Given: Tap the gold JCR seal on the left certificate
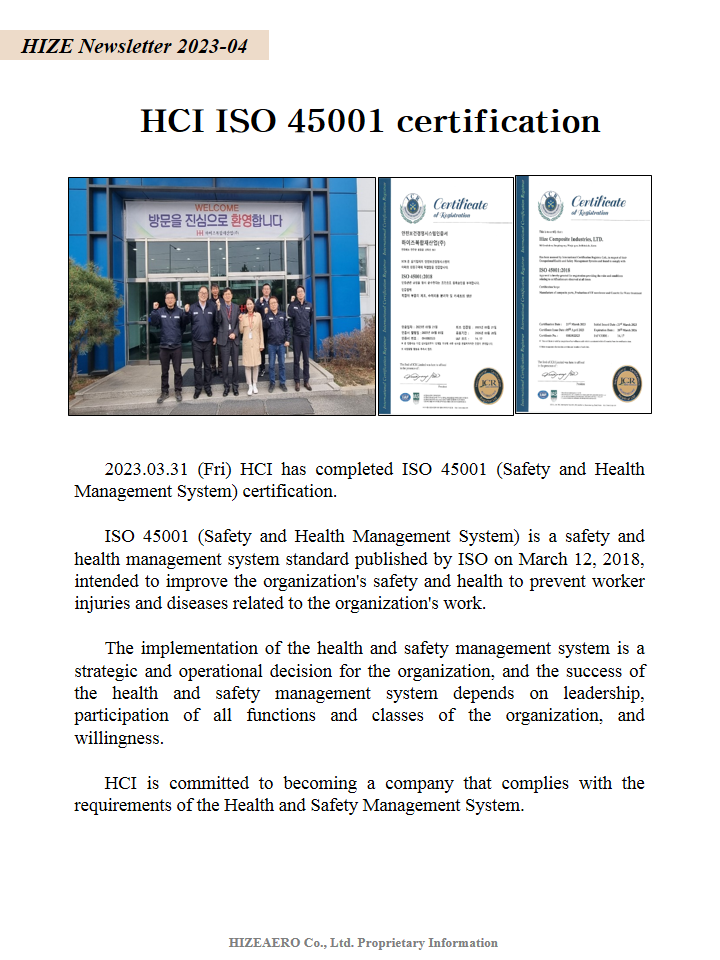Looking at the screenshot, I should [488, 385].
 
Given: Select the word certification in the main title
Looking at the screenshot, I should [498, 121].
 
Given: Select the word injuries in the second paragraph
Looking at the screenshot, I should [104, 603].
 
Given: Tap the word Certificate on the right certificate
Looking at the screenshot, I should [599, 203].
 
